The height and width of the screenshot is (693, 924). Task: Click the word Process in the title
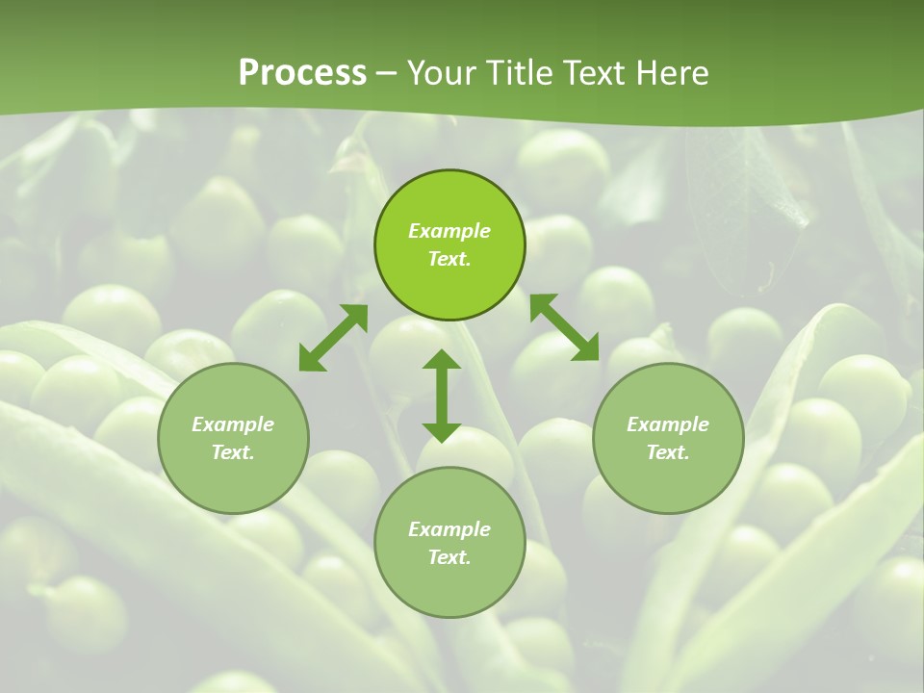click(302, 73)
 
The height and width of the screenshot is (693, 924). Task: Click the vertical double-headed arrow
click(442, 396)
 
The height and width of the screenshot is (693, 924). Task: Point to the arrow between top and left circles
click(333, 338)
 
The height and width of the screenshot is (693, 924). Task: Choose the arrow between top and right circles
click(564, 327)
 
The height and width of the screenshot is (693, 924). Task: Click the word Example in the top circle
click(449, 231)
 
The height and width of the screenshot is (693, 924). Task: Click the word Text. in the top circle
click(449, 259)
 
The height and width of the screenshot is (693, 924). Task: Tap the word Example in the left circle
click(233, 424)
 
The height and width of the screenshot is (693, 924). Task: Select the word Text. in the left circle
click(233, 452)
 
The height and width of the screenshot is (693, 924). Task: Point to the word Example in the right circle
click(668, 424)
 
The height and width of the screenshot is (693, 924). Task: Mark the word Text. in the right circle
click(668, 452)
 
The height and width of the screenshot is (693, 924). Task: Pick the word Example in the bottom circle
click(449, 529)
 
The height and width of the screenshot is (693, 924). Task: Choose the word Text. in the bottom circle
click(449, 557)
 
